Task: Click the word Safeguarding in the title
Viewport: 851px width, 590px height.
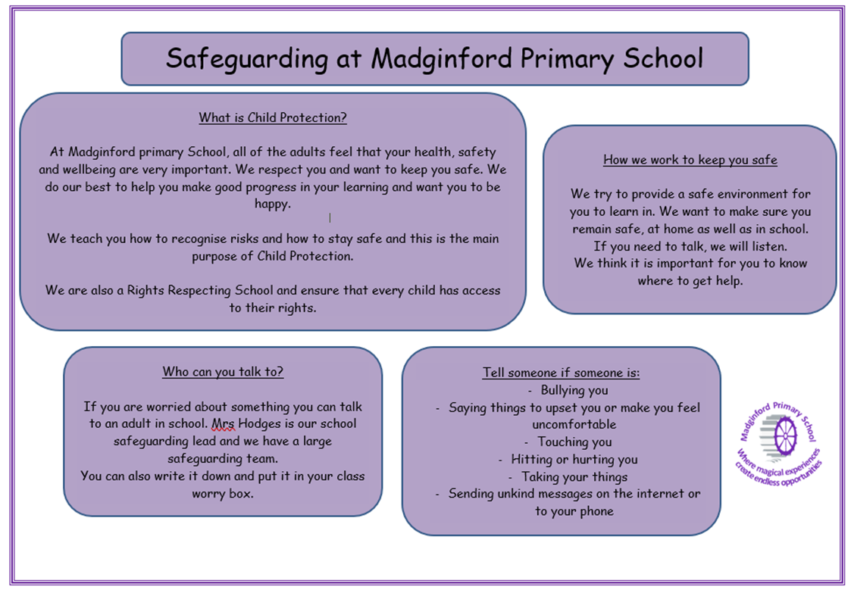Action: (247, 59)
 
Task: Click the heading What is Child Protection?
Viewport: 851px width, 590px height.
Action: (273, 117)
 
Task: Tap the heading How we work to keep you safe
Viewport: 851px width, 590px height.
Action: (690, 160)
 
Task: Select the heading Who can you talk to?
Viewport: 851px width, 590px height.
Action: (223, 372)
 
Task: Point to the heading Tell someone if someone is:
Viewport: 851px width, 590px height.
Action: (562, 373)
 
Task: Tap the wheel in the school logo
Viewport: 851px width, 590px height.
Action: (785, 435)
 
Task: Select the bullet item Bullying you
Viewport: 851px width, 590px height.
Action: (574, 391)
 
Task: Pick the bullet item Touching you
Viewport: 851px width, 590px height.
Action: (574, 442)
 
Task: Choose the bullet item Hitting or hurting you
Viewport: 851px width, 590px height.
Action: (574, 460)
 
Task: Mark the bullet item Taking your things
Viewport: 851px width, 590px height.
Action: (574, 477)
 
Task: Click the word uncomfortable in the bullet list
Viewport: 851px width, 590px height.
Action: (574, 425)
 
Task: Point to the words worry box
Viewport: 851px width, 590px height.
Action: (223, 494)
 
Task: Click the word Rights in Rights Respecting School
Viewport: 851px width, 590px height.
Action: (145, 291)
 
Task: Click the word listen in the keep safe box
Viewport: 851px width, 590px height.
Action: (768, 247)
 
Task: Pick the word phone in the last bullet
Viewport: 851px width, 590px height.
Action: (596, 511)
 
